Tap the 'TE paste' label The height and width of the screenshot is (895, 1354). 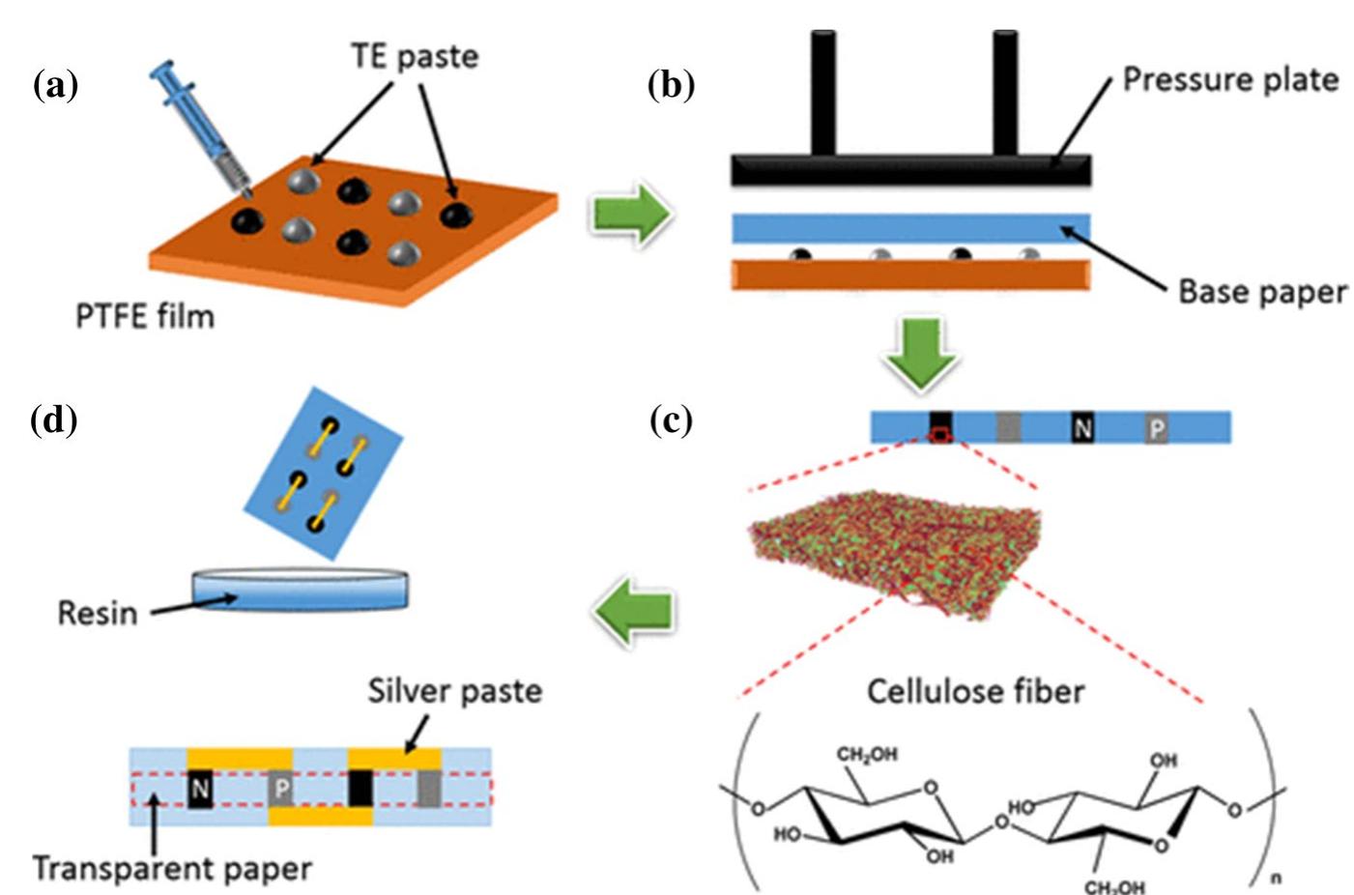(414, 56)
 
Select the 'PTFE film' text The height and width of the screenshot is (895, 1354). (145, 316)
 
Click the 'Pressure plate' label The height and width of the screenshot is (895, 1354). (1229, 79)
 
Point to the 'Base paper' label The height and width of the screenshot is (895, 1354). (1261, 291)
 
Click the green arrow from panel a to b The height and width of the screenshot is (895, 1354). (630, 215)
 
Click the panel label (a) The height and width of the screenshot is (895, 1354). (55, 86)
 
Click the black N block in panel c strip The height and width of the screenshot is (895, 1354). (1082, 427)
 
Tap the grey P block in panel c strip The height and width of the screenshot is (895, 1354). (1156, 427)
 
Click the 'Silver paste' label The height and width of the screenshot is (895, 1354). (454, 691)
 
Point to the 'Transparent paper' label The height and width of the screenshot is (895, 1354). (172, 868)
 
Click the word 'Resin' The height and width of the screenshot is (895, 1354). (97, 613)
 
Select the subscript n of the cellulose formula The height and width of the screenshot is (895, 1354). (1276, 878)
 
